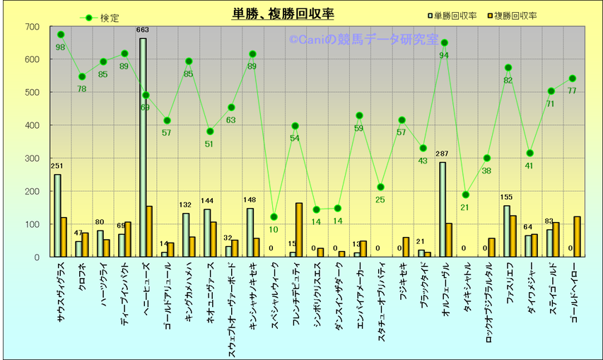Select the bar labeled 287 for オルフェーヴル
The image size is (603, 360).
tap(443, 209)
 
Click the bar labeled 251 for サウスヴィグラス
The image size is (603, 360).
tap(57, 216)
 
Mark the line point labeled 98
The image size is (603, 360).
tap(61, 34)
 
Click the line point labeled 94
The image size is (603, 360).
tap(445, 42)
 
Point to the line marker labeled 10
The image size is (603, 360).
tap(274, 217)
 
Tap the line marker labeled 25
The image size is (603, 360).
tap(380, 187)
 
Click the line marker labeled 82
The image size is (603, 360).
tap(508, 68)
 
